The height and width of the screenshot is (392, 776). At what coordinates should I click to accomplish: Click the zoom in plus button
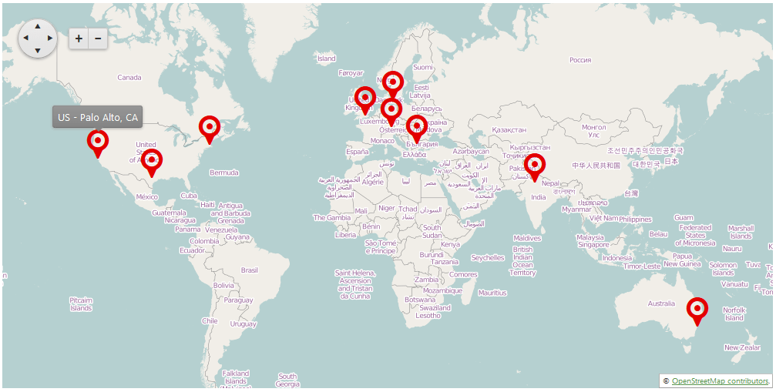point(79,39)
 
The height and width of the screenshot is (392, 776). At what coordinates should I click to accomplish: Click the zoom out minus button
point(98,39)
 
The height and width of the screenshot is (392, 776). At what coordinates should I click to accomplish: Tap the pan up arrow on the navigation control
point(38,26)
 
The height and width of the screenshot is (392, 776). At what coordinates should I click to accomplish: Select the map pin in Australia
point(697,310)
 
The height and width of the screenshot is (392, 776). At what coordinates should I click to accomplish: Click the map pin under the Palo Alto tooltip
point(98,142)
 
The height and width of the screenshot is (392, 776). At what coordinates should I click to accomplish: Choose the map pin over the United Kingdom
point(364,99)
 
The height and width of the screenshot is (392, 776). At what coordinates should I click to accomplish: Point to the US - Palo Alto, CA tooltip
point(98,117)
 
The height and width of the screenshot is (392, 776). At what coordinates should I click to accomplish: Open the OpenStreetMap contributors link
point(720,381)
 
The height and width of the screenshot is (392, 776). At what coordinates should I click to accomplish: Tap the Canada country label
point(129,77)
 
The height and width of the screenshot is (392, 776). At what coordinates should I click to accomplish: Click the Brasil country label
point(250,270)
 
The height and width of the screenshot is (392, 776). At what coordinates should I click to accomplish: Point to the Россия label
point(580,59)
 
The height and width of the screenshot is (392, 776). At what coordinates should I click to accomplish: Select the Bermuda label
point(223,172)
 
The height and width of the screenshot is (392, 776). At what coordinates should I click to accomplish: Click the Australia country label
point(661,303)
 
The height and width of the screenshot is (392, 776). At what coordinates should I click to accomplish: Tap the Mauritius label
point(492,293)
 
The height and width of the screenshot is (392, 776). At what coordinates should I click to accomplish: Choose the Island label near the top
point(327,59)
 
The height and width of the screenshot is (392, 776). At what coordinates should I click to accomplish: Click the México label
point(147,197)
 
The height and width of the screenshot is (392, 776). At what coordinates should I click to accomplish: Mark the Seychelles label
point(488,258)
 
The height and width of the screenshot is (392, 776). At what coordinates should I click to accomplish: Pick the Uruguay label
point(243,323)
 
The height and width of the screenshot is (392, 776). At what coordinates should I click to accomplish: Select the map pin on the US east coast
point(209,128)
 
